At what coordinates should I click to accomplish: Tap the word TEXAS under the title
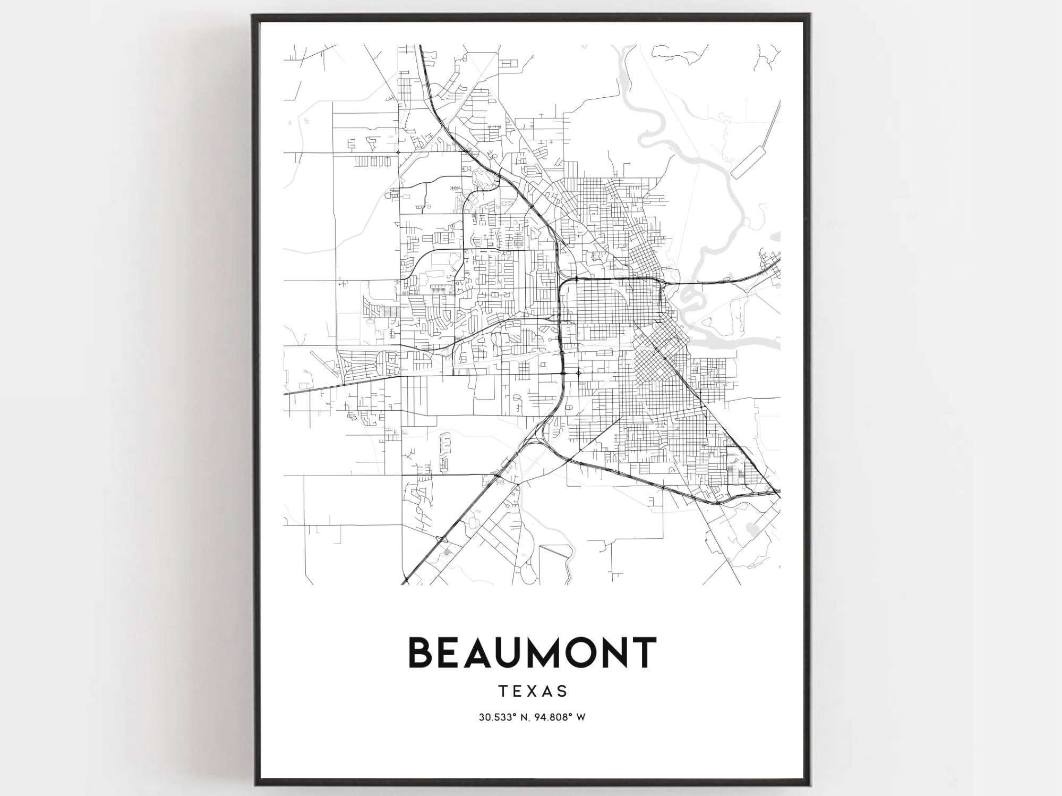(533, 691)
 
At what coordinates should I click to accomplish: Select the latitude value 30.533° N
(502, 717)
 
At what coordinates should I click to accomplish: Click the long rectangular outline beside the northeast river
(749, 162)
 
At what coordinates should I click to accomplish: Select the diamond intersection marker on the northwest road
(398, 153)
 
